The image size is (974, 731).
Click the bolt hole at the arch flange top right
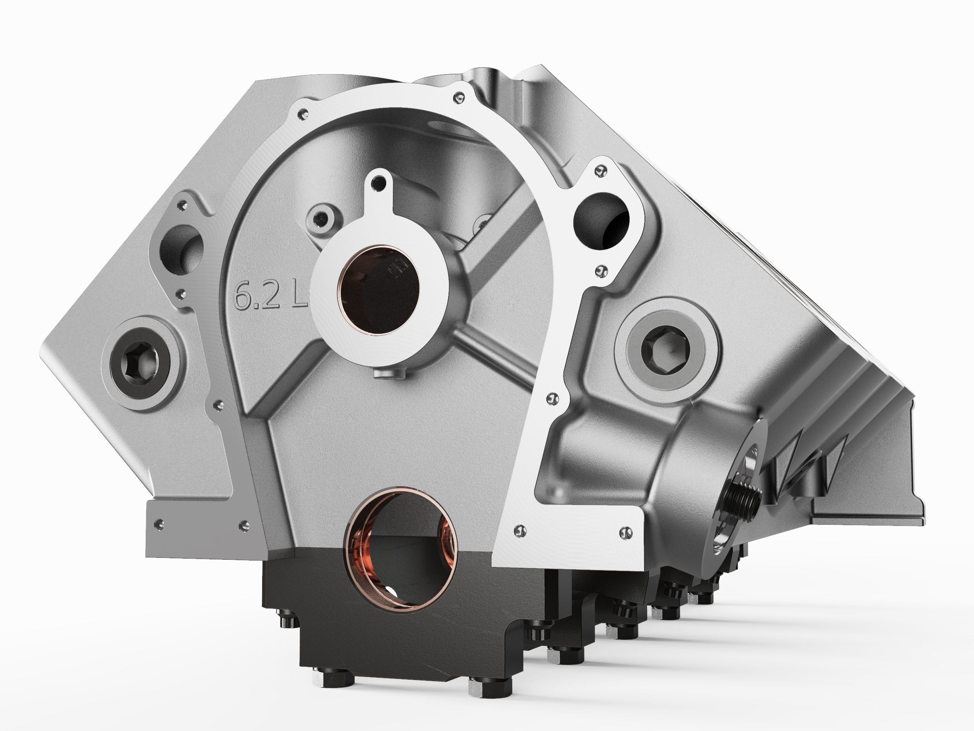(x=460, y=97)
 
